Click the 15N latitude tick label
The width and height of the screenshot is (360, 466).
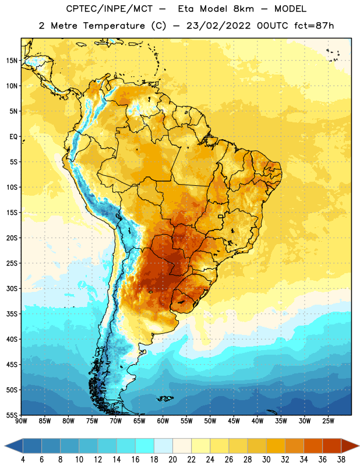(12, 61)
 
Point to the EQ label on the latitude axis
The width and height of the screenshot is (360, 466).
(13, 137)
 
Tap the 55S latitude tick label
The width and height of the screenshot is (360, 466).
(12, 415)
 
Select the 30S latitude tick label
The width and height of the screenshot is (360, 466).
(12, 288)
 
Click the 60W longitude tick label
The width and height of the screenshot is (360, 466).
(163, 421)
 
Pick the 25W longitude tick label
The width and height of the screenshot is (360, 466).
(328, 421)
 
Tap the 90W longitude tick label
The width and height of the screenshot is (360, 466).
(21, 421)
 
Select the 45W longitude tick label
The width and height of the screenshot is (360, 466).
(234, 421)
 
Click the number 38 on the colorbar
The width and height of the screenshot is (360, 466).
(341, 460)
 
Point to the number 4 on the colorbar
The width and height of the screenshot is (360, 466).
(23, 460)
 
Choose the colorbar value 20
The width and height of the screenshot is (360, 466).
(172, 460)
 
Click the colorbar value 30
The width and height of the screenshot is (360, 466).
(266, 460)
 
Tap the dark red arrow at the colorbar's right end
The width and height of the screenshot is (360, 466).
(350, 446)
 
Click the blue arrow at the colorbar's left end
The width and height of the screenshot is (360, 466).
(14, 446)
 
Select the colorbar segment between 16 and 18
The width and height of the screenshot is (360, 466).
(144, 446)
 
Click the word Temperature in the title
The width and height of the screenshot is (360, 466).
(114, 26)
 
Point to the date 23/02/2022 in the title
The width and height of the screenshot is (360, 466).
(218, 26)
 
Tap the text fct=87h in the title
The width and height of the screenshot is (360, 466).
(314, 26)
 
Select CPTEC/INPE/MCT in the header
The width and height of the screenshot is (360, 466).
(109, 9)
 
